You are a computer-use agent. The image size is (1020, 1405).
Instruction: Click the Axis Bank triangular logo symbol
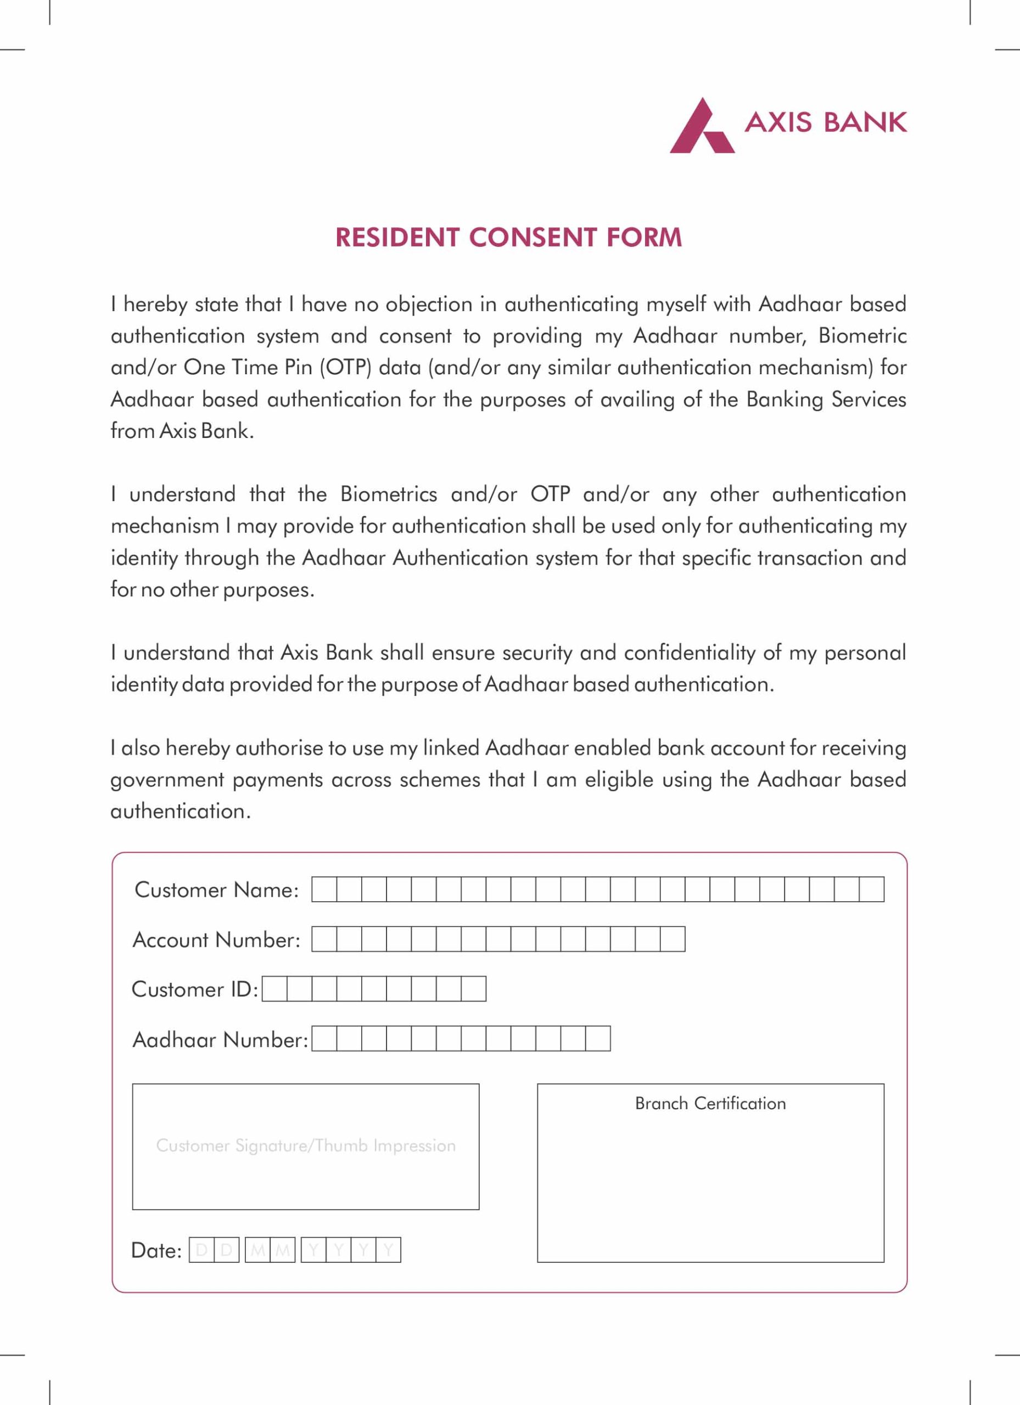702,127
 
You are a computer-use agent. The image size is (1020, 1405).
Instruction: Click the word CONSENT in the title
533,238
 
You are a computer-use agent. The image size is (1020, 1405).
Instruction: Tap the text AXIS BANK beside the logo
826,122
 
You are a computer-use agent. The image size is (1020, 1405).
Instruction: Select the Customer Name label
216,890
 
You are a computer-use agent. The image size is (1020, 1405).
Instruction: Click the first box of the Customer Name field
324,890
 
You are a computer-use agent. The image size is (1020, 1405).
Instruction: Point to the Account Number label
216,940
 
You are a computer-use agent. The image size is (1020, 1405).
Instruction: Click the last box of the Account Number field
672,939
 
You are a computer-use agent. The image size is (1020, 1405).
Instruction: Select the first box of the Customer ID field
274,988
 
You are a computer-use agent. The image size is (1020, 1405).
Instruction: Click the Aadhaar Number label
220,1039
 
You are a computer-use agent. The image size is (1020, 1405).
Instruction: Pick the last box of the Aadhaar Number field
598,1039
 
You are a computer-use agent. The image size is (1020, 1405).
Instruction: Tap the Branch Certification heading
710,1103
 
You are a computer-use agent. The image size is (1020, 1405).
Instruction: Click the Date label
156,1251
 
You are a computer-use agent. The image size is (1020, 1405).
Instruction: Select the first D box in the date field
201,1250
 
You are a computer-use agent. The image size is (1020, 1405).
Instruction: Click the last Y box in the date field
389,1250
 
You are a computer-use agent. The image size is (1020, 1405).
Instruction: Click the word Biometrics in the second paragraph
389,494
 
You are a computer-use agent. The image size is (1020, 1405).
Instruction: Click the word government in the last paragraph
167,780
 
